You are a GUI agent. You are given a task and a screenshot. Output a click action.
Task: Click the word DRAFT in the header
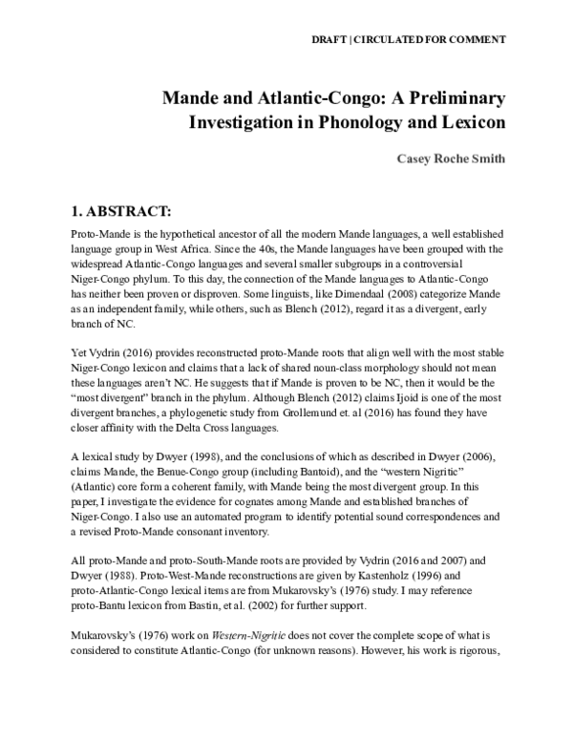click(x=330, y=39)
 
